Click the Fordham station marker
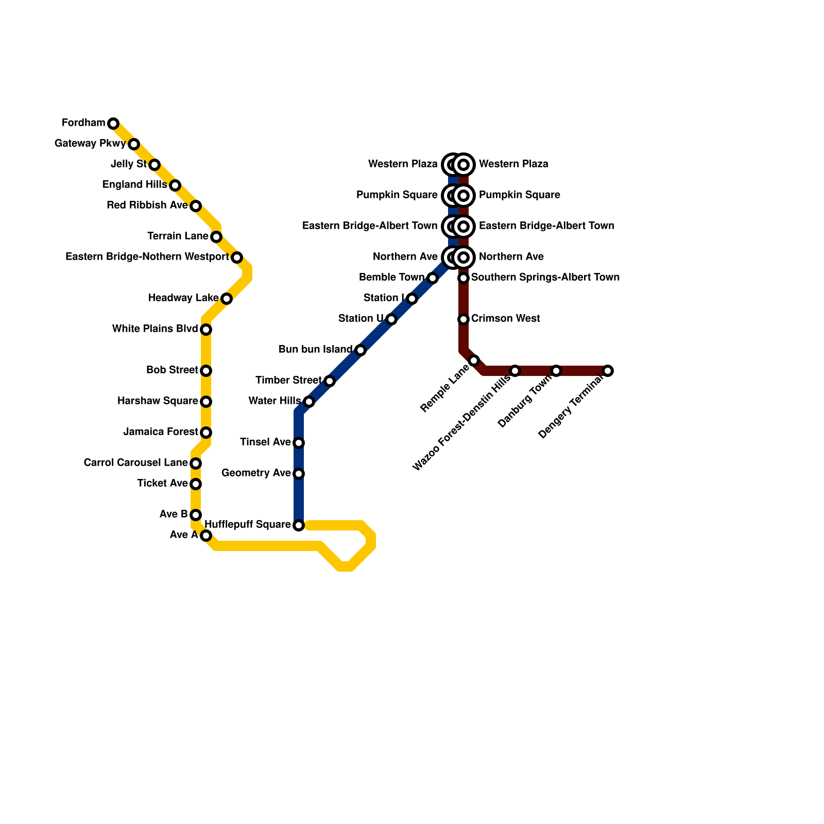point(113,124)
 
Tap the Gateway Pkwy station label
point(90,144)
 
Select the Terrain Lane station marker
point(216,237)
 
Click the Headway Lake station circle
point(227,299)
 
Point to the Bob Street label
point(172,370)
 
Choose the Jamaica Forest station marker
point(206,433)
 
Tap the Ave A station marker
point(206,536)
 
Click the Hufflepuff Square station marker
point(299,525)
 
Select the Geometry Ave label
point(256,473)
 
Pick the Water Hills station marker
point(308,402)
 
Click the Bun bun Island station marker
point(360,350)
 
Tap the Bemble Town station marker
point(433,278)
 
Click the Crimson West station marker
point(463,319)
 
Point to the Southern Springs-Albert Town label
point(545,278)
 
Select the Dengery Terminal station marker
point(608,371)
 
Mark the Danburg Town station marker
point(556,371)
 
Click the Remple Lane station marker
point(474,360)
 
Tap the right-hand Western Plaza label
point(513,164)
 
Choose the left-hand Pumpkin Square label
point(397,195)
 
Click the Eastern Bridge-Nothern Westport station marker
point(237,257)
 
